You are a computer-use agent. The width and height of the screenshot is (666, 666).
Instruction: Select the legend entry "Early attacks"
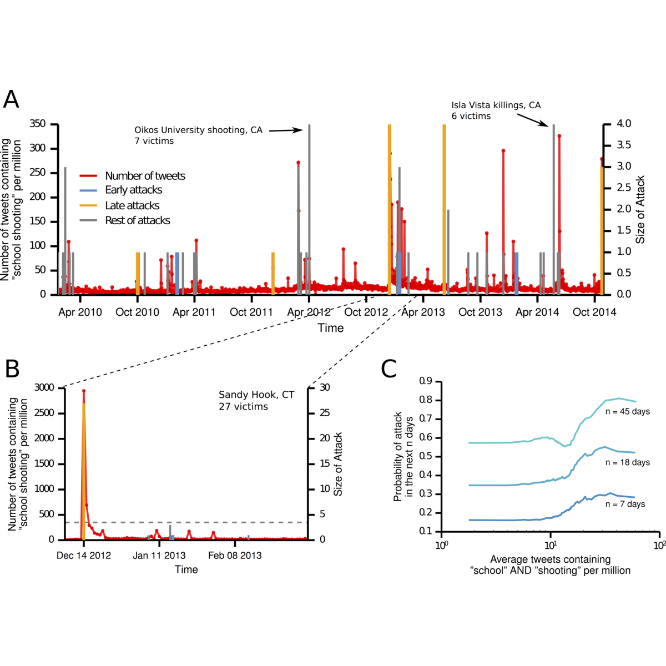(x=133, y=190)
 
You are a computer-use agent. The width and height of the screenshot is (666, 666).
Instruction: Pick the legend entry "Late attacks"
(x=132, y=205)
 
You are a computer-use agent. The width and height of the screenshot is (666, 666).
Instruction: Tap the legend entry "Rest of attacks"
(x=138, y=220)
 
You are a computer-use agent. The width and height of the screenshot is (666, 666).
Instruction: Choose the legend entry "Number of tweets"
(x=145, y=176)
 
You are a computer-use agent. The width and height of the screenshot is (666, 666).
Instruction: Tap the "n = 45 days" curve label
(x=627, y=412)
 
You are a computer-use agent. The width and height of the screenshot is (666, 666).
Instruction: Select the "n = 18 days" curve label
(x=627, y=462)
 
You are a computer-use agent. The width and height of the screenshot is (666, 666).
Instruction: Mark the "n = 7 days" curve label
(x=625, y=504)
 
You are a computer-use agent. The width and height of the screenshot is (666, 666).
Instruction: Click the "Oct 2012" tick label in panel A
(x=366, y=312)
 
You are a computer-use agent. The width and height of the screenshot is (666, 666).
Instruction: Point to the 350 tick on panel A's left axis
(x=38, y=124)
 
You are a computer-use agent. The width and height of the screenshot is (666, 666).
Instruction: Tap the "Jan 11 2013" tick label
(x=159, y=555)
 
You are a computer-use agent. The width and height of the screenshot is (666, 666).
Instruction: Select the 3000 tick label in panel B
(x=46, y=387)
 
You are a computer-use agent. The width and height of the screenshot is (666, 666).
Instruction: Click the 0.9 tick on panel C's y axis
(x=426, y=381)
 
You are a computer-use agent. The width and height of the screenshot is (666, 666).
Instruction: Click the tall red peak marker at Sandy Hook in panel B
(x=84, y=391)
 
